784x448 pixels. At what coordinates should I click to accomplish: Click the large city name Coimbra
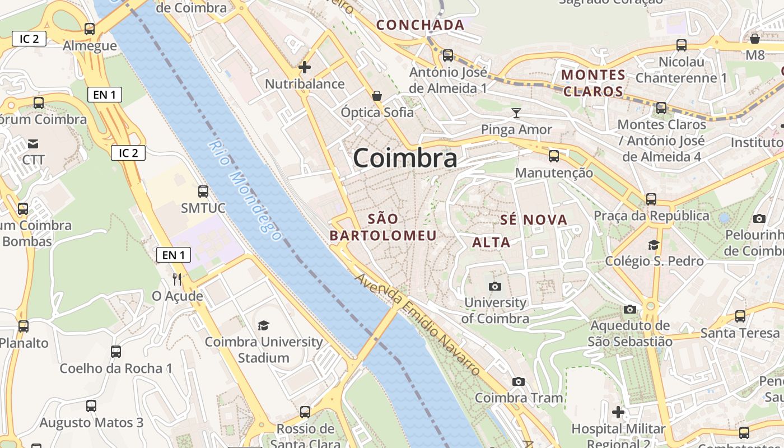click(405, 158)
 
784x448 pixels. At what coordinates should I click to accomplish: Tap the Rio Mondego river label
click(245, 190)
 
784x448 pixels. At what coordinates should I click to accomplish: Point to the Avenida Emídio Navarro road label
click(418, 324)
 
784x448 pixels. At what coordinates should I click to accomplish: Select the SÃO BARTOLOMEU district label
click(383, 227)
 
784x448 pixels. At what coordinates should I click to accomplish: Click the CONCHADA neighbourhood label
click(420, 25)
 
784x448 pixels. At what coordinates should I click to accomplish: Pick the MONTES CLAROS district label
click(593, 83)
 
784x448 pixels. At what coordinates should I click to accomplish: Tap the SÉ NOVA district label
click(534, 220)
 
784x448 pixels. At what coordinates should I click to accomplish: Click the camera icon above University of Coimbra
click(495, 287)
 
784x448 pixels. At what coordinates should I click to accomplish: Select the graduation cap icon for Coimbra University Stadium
click(263, 325)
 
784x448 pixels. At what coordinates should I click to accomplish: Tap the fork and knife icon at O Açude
click(177, 278)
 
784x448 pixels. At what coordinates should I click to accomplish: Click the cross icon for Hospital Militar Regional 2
click(618, 413)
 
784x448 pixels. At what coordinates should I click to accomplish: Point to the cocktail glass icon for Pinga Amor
click(516, 113)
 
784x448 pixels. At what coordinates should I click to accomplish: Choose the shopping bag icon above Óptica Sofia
click(377, 96)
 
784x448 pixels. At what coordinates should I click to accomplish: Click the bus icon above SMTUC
click(203, 192)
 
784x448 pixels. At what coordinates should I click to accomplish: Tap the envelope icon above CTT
click(33, 144)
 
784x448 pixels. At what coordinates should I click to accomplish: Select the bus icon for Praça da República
click(651, 199)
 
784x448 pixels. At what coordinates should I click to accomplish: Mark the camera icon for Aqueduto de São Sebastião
click(630, 309)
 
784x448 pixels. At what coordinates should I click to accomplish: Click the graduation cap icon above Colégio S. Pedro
click(654, 245)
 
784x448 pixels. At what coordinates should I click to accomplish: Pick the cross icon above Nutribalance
click(305, 68)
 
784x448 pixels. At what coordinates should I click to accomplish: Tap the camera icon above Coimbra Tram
click(519, 382)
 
